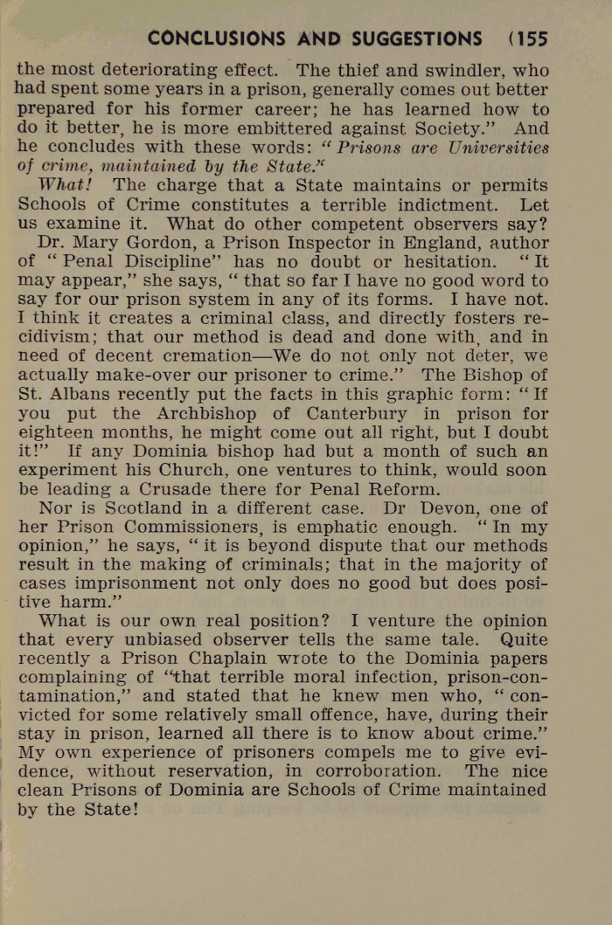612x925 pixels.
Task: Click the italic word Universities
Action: [493, 148]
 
